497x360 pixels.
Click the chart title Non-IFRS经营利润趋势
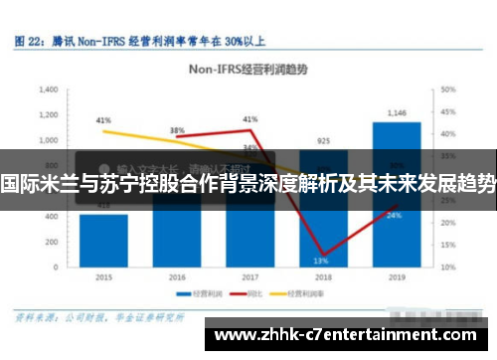click(x=248, y=70)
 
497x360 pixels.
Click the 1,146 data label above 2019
click(x=397, y=112)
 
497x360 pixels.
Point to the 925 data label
click(x=323, y=140)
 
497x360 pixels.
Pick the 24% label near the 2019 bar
click(x=395, y=215)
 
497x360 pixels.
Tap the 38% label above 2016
click(x=177, y=130)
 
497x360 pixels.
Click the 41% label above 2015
click(x=103, y=120)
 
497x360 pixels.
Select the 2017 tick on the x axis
click(x=249, y=276)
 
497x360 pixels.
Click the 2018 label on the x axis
click(x=323, y=276)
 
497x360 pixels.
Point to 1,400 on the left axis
click(x=49, y=90)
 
